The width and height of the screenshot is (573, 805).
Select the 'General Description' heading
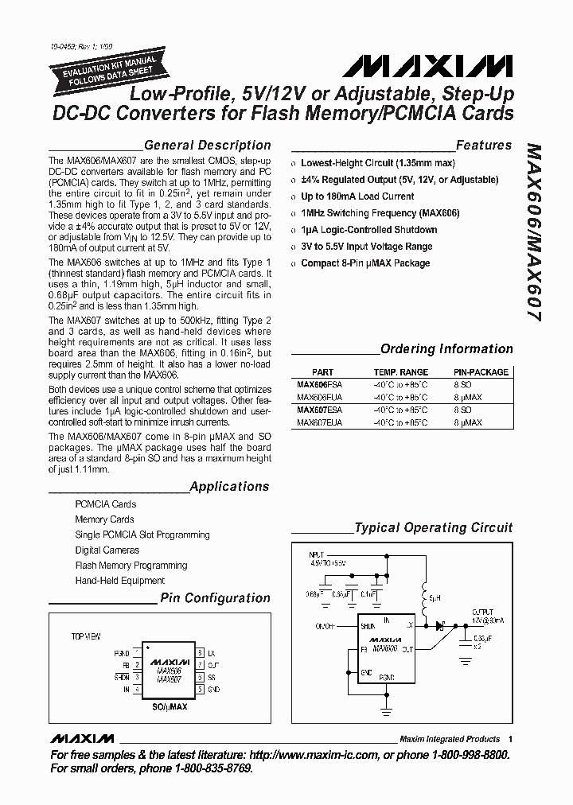(207, 145)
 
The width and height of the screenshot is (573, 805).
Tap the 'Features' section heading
(484, 145)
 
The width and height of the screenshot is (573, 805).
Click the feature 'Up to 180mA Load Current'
(357, 196)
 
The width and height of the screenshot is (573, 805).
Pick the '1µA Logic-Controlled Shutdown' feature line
(368, 230)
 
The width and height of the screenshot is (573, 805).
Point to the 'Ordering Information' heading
(446, 348)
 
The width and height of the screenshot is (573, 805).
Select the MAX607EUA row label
(319, 422)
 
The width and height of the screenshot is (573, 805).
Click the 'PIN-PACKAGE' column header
(481, 372)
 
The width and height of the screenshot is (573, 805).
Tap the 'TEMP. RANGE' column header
(401, 372)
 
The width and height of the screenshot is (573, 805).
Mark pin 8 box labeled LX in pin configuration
(200, 651)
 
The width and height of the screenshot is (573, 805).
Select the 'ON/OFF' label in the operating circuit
(325, 626)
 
